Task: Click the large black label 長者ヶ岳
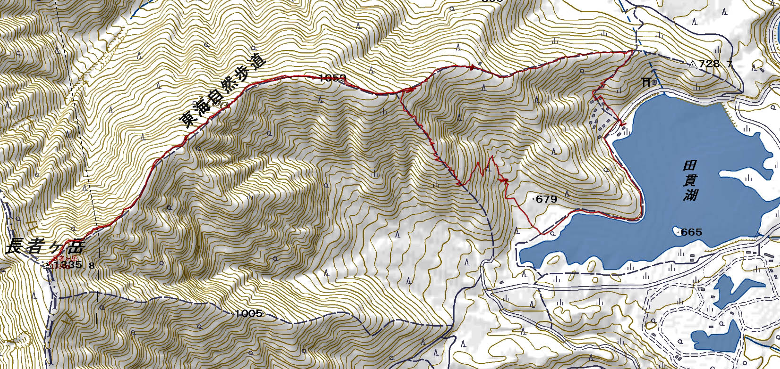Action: [45, 247]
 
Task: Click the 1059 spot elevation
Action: [333, 78]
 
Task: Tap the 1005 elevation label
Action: [248, 313]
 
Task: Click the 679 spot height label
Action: [547, 199]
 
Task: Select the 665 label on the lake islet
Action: [692, 232]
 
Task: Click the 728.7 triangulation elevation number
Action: [716, 64]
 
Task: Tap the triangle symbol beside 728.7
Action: [693, 65]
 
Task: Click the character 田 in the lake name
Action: [690, 166]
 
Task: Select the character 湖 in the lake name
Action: [690, 195]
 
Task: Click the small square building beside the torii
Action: [654, 82]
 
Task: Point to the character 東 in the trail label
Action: [187, 119]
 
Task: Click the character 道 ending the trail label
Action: [259, 65]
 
